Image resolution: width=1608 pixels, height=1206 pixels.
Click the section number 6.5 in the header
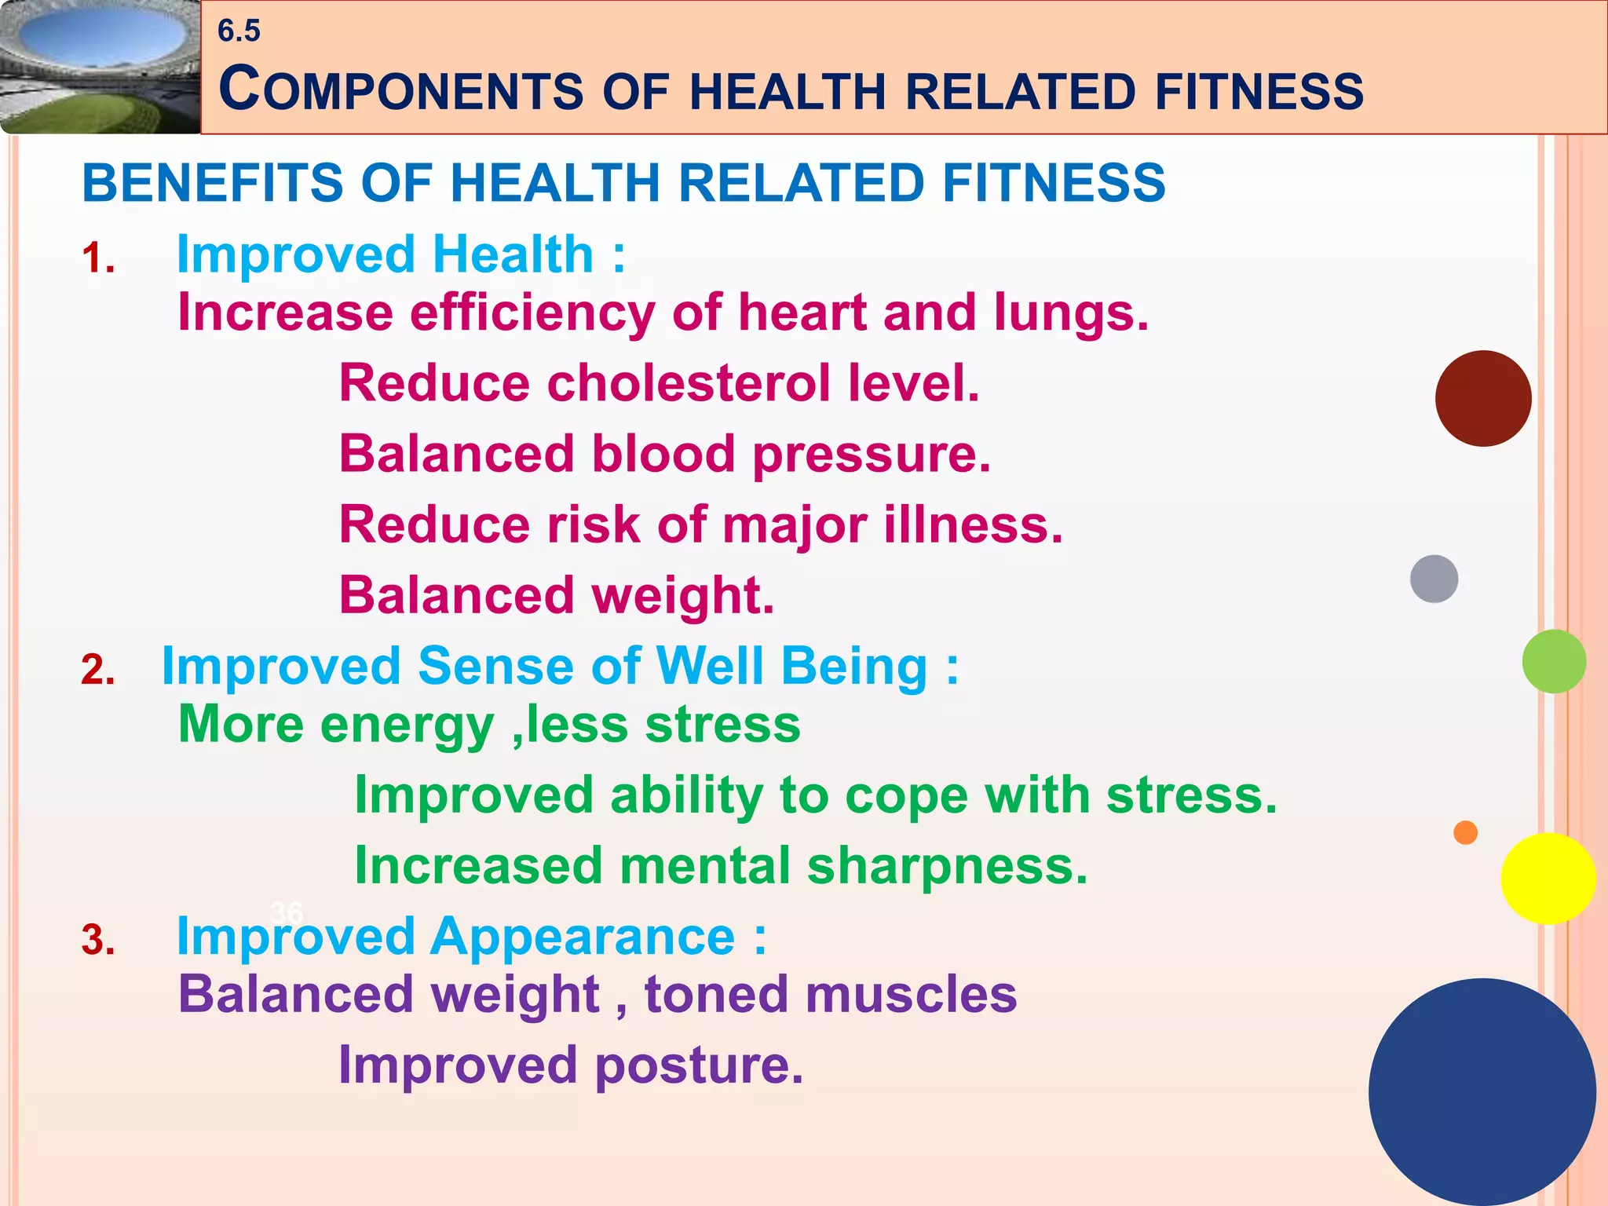(239, 31)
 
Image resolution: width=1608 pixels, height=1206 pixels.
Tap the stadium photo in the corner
(99, 66)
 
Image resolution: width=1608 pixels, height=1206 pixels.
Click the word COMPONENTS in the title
(400, 90)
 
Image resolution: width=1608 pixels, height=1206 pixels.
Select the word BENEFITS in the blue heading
(212, 183)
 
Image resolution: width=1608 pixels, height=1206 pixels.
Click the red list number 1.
(98, 258)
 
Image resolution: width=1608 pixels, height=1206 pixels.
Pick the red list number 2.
(98, 670)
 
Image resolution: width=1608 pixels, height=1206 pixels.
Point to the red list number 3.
(98, 940)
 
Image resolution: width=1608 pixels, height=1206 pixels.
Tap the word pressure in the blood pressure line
(872, 455)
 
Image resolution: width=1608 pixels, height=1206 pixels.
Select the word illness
(974, 524)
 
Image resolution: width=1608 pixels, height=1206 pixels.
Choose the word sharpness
(947, 866)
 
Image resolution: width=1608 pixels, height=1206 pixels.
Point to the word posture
(699, 1066)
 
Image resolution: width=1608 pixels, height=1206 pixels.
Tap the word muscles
(911, 995)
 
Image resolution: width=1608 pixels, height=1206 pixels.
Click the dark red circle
(1482, 398)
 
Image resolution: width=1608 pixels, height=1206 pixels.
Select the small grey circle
(1434, 579)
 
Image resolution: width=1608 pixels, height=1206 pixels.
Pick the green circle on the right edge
(1553, 661)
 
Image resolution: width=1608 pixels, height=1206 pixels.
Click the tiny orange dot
(1465, 832)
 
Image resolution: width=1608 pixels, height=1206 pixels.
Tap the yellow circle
(1548, 879)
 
